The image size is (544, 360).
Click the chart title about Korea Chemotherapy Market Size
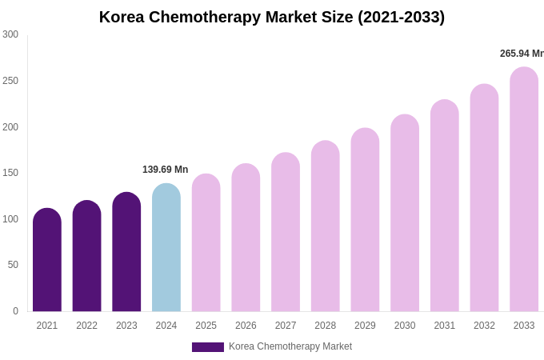click(272, 17)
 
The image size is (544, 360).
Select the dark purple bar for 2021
click(47, 260)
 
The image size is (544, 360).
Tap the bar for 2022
click(86, 256)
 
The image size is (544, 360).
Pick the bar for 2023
click(126, 252)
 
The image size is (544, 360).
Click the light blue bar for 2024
click(166, 248)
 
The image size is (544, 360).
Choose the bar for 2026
click(246, 238)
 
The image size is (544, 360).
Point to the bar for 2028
click(326, 226)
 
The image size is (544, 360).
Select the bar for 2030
click(405, 213)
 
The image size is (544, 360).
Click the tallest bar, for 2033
click(524, 190)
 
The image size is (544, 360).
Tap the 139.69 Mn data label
click(165, 170)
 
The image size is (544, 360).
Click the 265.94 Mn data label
click(522, 54)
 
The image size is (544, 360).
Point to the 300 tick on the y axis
click(10, 34)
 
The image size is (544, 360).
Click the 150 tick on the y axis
click(10, 173)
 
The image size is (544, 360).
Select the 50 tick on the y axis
click(13, 265)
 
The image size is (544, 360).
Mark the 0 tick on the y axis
click(15, 311)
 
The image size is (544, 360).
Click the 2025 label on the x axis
click(206, 326)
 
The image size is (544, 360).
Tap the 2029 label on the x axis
click(365, 326)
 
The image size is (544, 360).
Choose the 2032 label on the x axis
click(484, 326)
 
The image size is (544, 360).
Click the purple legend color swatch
click(208, 347)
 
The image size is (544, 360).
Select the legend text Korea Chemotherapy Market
click(290, 346)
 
